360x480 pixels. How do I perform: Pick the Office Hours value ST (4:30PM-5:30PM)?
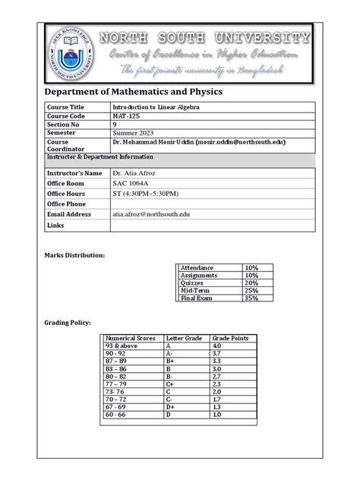150,194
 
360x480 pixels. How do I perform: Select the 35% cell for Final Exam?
251,298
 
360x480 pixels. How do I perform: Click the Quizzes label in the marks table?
194,283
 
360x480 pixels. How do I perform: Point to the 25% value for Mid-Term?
251,291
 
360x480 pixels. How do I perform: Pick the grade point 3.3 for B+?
219,362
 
